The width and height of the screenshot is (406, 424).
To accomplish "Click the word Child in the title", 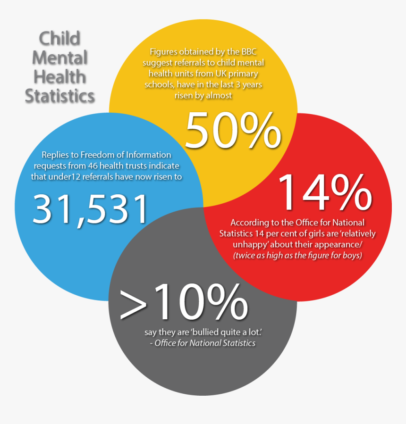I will tap(59, 38).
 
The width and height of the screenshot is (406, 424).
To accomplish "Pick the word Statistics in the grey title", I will tap(59, 96).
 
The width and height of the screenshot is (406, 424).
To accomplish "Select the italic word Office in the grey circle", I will tap(167, 343).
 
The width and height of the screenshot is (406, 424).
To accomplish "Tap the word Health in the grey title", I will tap(59, 77).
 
